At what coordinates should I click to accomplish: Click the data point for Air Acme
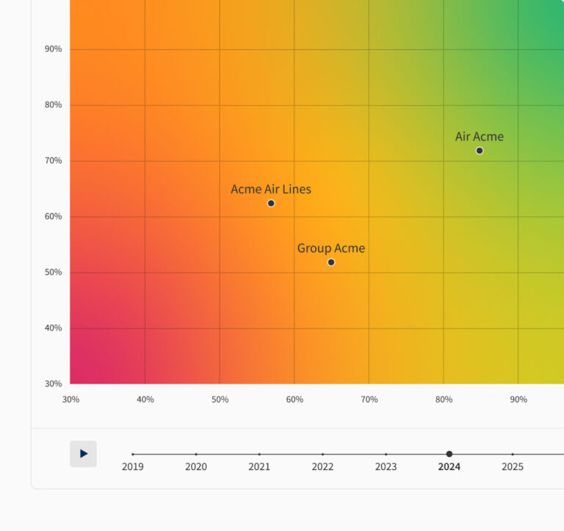coord(480,151)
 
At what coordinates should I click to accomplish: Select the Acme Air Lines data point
coord(271,203)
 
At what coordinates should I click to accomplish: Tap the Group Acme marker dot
coord(331,262)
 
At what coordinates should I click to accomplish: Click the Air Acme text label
coord(479,137)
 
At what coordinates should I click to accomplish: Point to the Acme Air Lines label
coord(271,189)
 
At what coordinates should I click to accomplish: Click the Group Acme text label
coord(330,248)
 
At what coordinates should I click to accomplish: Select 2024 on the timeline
coord(449,466)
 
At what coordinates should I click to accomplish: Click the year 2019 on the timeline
coord(133,466)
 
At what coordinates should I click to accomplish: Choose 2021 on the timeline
coord(259,466)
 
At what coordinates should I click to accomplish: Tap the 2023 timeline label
coord(386,466)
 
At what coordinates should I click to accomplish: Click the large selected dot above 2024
coord(449,454)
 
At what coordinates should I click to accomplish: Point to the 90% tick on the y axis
coord(54,49)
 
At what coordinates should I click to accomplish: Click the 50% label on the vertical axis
coord(54,272)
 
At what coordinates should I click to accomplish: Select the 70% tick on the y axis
coord(54,161)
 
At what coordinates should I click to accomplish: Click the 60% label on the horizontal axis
coord(294,400)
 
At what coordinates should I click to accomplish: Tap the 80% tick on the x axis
coord(444,400)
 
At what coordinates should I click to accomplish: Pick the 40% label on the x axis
coord(145,400)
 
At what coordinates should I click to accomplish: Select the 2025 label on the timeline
coord(513,466)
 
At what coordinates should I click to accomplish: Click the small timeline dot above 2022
coord(322,454)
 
